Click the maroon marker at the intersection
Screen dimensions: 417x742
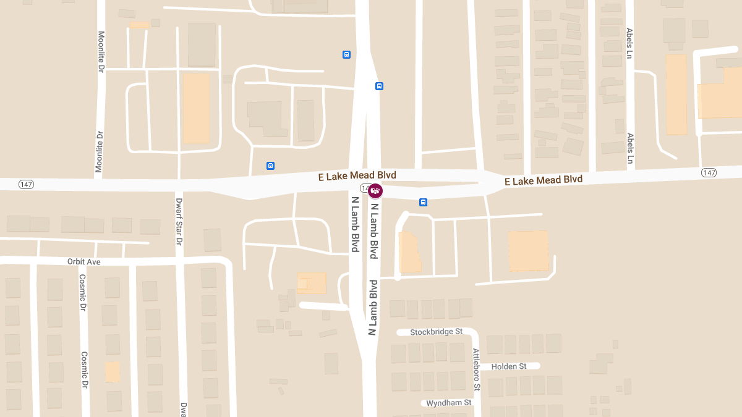[375, 191]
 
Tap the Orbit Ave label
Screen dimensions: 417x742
[84, 262]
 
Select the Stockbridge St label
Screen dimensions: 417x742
[437, 332]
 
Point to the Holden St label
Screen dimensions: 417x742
[508, 366]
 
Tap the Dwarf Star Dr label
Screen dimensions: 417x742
[179, 222]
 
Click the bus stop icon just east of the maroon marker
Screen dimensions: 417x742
[424, 202]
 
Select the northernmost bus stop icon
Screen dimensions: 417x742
[346, 54]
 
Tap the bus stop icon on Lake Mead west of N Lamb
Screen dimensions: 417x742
[270, 166]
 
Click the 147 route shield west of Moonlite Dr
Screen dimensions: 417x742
[26, 184]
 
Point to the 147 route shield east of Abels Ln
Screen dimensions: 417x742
[709, 172]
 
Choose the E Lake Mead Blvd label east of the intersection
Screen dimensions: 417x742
[544, 180]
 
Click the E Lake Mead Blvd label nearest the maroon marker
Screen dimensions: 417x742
[357, 176]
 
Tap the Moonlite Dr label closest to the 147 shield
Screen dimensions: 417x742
[99, 151]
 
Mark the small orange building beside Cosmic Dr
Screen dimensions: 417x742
[112, 372]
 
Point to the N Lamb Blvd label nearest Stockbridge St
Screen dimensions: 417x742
[373, 307]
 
